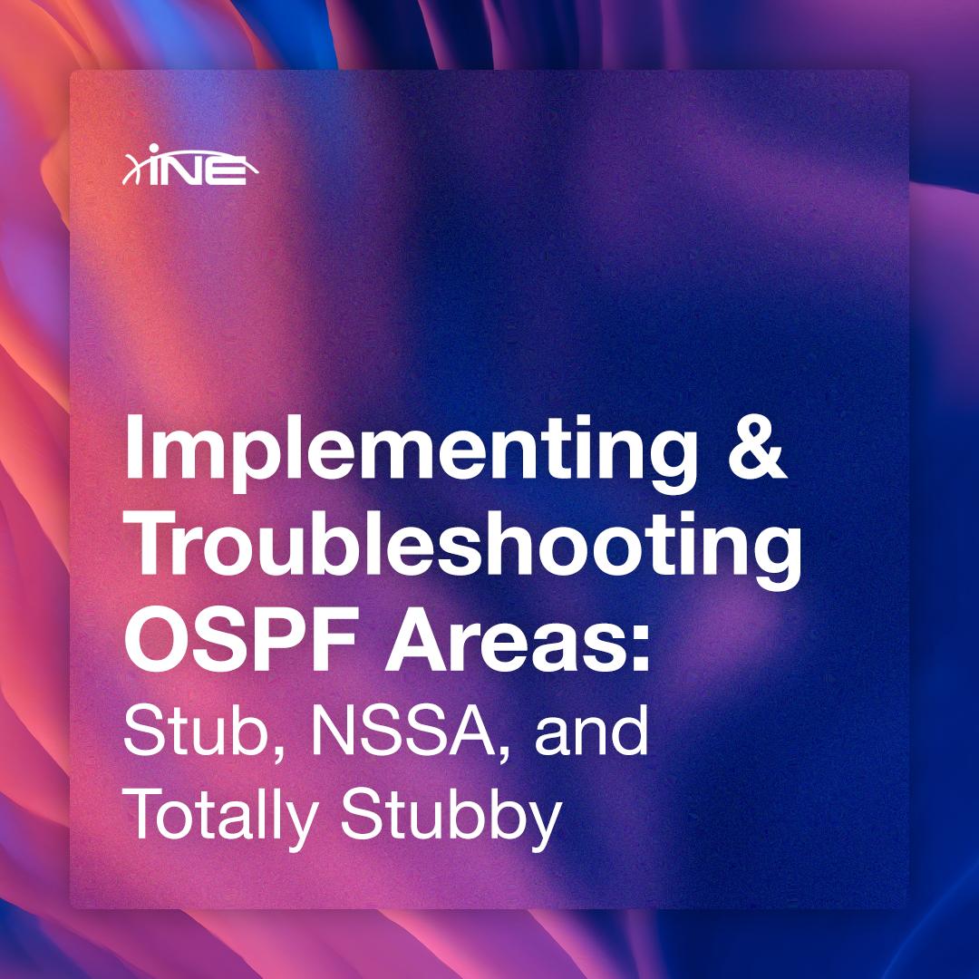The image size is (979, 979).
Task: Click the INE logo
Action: coord(185,169)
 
